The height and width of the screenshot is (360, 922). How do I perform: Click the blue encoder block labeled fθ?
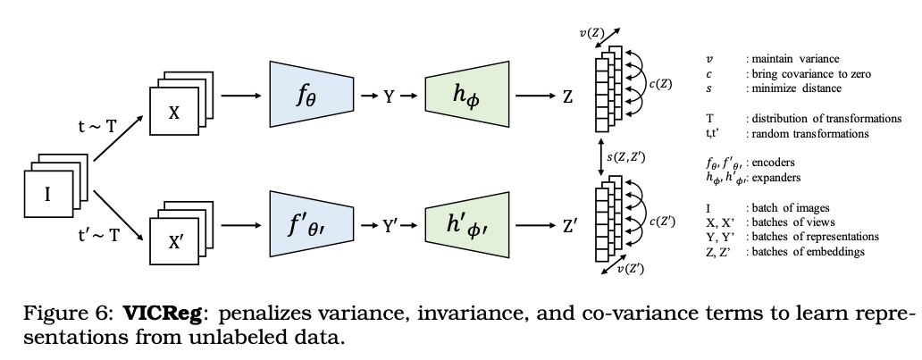coord(306,94)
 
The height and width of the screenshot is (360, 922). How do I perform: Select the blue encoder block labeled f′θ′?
coord(306,228)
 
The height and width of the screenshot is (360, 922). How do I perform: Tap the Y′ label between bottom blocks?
coord(390,228)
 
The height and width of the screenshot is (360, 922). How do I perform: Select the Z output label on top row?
coord(567,95)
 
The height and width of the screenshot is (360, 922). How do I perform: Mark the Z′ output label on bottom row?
coord(569,228)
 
